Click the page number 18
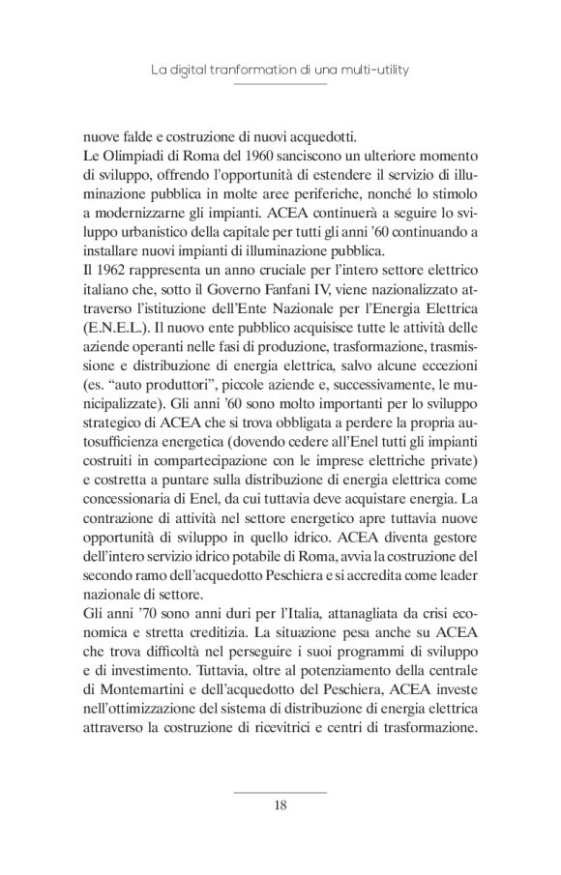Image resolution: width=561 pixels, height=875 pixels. (280, 804)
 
